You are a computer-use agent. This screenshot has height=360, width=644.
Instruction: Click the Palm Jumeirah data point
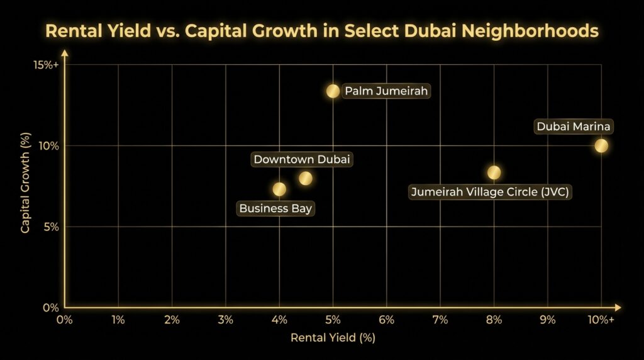point(333,91)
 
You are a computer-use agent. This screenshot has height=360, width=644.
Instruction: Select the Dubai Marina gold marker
point(601,145)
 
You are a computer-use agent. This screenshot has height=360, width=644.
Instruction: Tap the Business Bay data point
point(279,189)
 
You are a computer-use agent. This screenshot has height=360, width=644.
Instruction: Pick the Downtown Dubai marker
point(306,178)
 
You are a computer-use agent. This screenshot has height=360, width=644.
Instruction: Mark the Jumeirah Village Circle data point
point(494,172)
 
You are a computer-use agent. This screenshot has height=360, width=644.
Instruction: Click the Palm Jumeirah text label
point(386,91)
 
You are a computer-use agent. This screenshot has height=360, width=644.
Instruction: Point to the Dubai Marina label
point(573,127)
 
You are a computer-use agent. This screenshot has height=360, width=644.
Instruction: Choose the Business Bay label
point(275,208)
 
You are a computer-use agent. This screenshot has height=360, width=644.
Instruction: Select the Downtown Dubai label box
point(301,159)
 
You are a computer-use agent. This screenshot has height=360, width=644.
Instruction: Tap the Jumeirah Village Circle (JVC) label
point(490,192)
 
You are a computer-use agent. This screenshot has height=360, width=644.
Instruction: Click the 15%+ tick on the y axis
point(45,65)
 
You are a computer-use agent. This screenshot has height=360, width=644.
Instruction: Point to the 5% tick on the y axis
point(50,227)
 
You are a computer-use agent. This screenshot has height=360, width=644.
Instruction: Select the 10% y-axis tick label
point(48,145)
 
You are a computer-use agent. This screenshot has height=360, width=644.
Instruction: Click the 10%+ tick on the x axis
point(601,320)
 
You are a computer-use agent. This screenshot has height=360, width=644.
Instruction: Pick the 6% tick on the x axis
point(386,320)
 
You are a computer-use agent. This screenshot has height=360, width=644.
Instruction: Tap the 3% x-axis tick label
point(225,320)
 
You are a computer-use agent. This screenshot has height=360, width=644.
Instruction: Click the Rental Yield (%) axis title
point(333,338)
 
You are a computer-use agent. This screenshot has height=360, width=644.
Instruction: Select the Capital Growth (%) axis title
point(25,183)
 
